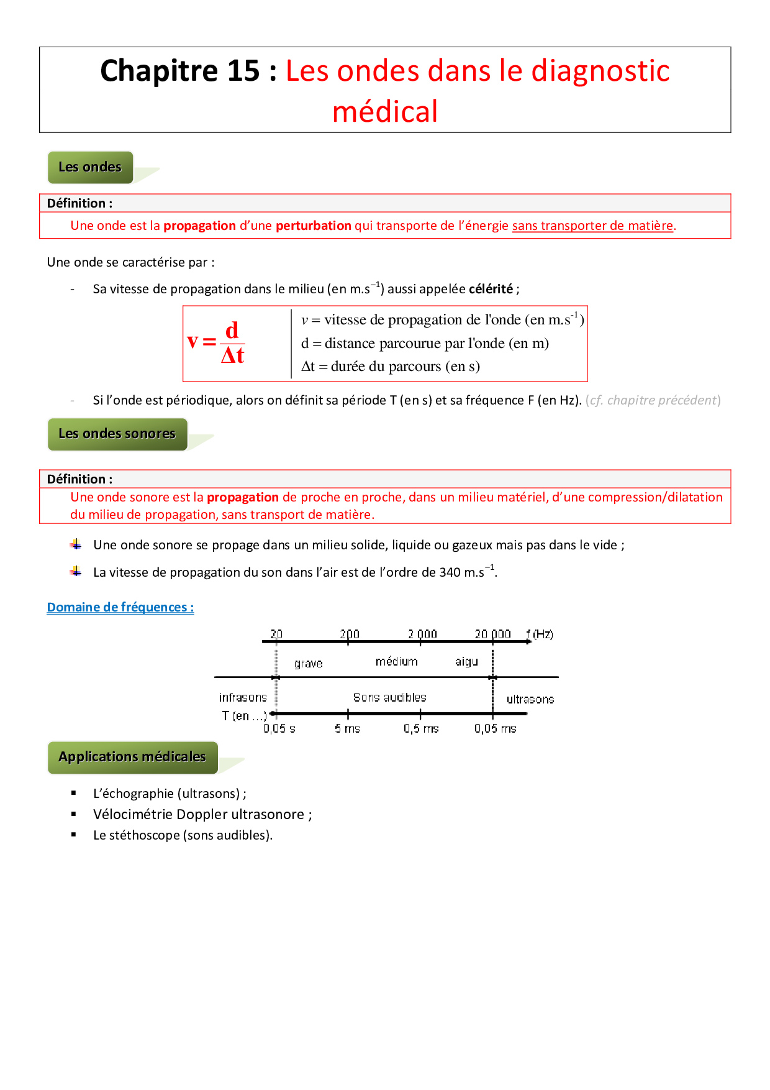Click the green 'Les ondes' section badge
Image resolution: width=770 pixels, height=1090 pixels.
coord(90,167)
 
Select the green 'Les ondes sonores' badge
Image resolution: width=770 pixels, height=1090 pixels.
coord(117,434)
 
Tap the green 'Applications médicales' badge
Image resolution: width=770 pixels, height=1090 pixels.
coord(132,757)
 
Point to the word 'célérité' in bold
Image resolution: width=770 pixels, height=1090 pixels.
coord(491,289)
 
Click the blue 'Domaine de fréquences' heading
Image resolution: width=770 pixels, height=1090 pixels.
coord(120,607)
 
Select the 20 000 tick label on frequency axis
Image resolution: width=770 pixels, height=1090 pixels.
coord(492,634)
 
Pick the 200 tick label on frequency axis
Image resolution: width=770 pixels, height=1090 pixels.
coord(350,634)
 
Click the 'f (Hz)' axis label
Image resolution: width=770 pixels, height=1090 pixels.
coord(540,634)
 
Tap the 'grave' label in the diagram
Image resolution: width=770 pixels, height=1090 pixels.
coord(309,663)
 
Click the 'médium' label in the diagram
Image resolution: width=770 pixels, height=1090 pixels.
coord(396,661)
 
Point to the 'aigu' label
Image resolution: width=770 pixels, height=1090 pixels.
coord(466,662)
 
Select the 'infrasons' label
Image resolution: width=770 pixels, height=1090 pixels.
coord(243,697)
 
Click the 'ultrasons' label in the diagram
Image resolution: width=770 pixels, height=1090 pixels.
coord(530,699)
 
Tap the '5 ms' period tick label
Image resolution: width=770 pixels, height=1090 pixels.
coord(347,728)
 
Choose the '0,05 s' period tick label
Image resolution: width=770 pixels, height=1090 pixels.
coord(279,728)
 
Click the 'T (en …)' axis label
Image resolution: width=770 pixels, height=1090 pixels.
coord(244,716)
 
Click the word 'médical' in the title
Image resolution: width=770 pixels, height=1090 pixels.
coord(385,112)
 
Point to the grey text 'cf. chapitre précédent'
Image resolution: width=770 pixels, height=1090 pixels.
coord(653,400)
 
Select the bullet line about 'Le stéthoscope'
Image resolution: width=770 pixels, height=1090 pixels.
coord(183,835)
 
